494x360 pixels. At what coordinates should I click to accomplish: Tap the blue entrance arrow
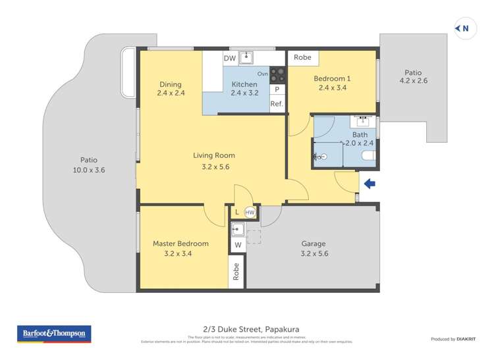370,184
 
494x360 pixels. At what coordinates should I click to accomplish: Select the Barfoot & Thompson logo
54,334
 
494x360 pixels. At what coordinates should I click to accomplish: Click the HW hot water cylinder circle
250,213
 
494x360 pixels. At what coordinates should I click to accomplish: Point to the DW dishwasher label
229,59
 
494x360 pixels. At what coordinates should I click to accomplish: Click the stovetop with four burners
277,73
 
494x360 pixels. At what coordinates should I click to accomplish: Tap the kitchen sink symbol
246,57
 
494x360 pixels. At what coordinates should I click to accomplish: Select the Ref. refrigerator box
277,104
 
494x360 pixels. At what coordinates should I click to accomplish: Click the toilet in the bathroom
368,156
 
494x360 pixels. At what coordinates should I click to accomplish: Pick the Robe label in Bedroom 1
302,57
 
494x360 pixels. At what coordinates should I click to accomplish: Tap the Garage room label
314,244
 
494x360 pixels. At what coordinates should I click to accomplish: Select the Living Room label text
213,155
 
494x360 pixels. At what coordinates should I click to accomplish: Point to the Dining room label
170,84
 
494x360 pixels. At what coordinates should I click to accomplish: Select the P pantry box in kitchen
277,90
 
